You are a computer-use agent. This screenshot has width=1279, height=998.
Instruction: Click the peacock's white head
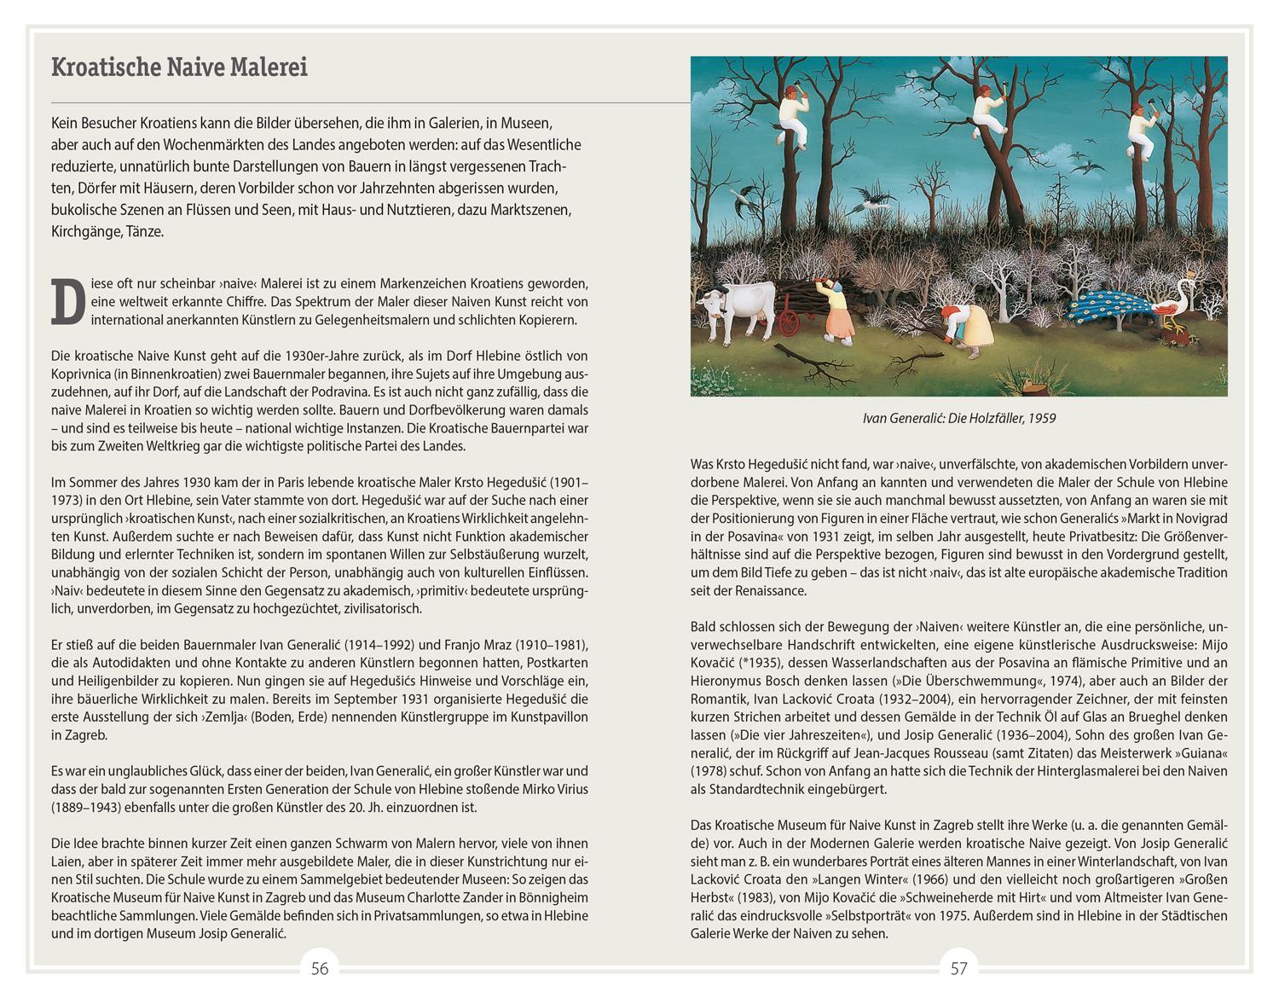click(x=1184, y=285)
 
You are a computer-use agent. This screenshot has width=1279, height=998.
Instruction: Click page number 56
click(x=320, y=968)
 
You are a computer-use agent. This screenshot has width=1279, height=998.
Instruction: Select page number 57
click(x=959, y=968)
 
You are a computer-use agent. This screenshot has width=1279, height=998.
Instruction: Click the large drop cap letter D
click(x=68, y=302)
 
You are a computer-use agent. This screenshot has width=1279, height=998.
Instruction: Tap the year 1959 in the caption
click(x=1041, y=419)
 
